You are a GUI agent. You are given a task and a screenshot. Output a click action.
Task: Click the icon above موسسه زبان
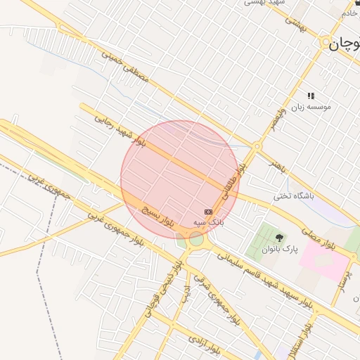tap(310, 96)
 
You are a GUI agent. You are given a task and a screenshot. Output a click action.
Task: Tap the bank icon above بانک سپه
tap(208, 212)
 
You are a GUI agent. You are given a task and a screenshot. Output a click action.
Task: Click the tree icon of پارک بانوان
tap(280, 238)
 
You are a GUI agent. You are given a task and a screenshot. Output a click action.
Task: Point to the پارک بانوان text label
tap(281, 250)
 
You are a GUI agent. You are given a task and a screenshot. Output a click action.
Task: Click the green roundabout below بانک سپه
tap(196, 240)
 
